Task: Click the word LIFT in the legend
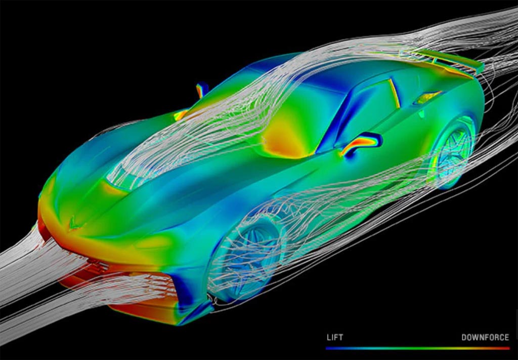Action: [335, 338]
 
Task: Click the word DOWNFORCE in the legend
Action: [485, 338]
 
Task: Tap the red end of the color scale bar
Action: [508, 348]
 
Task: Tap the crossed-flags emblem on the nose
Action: [76, 223]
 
